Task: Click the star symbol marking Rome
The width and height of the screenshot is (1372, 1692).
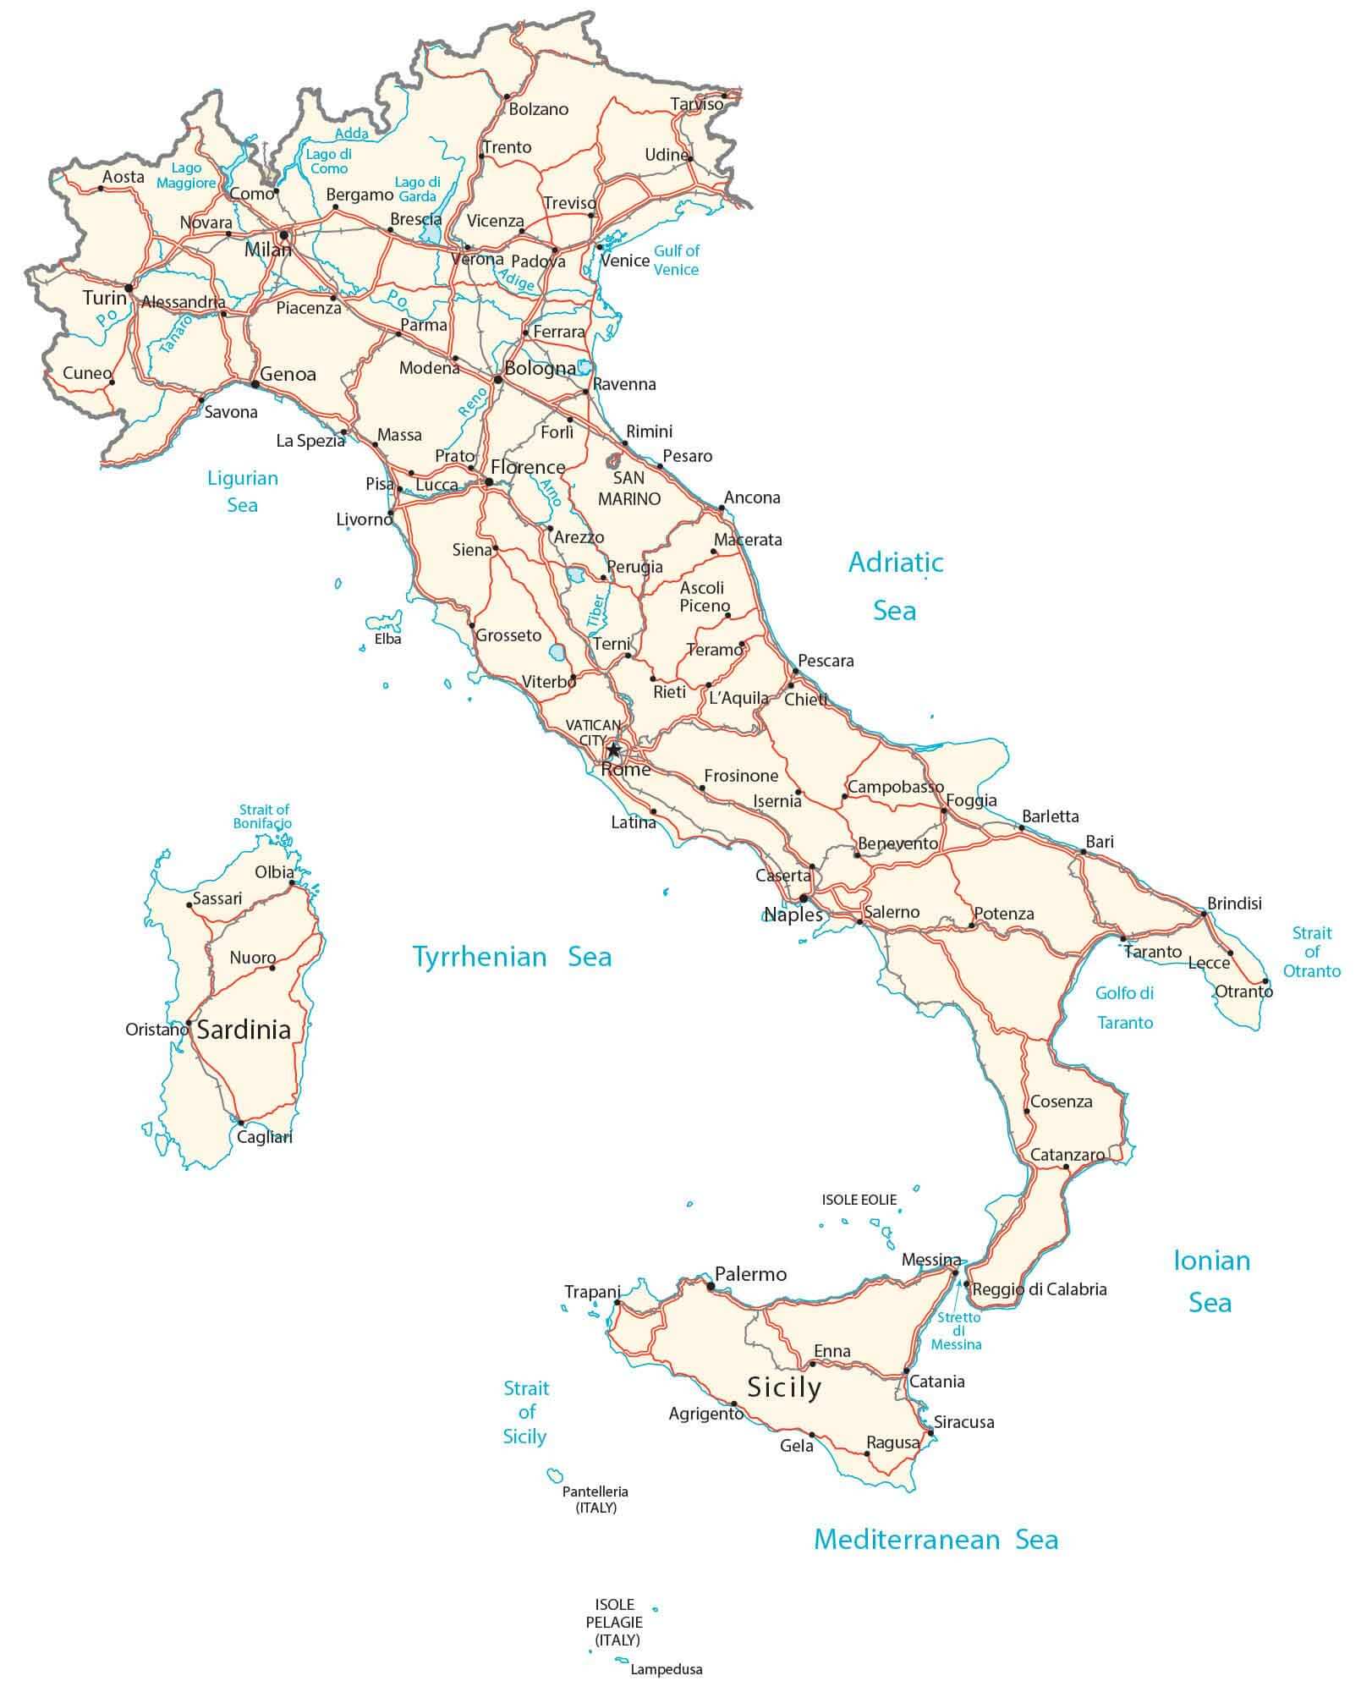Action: pyautogui.click(x=613, y=750)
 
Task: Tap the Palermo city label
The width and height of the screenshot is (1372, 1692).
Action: pyautogui.click(x=750, y=1273)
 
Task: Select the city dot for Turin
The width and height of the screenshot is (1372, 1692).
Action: pyautogui.click(x=129, y=288)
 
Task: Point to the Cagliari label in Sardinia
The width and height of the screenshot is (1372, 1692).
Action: pyautogui.click(x=265, y=1137)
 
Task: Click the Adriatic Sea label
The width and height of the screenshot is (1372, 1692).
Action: pyautogui.click(x=896, y=585)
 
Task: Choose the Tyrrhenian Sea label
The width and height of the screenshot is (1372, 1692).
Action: pyautogui.click(x=512, y=957)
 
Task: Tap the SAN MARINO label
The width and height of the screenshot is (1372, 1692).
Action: pyautogui.click(x=629, y=488)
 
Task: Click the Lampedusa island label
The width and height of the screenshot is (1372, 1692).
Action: pyautogui.click(x=667, y=1669)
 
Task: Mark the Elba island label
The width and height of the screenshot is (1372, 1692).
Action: pyautogui.click(x=388, y=639)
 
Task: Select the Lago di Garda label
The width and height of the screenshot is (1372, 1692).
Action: pyautogui.click(x=418, y=189)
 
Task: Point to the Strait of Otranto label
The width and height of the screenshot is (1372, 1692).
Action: pyautogui.click(x=1312, y=952)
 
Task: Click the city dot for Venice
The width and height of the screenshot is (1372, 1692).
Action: pyautogui.click(x=600, y=247)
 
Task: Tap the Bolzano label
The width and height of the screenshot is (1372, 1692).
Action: pyautogui.click(x=539, y=109)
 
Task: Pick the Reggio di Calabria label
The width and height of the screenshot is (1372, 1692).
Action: pyautogui.click(x=1040, y=1289)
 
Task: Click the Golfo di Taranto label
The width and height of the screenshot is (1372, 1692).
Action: pyautogui.click(x=1125, y=1008)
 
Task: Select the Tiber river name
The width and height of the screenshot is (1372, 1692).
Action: pyautogui.click(x=596, y=610)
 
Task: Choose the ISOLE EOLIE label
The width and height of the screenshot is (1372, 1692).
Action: pyautogui.click(x=859, y=1200)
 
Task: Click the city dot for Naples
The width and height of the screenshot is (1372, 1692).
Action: pyautogui.click(x=804, y=898)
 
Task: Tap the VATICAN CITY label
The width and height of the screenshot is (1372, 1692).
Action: pyautogui.click(x=593, y=733)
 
